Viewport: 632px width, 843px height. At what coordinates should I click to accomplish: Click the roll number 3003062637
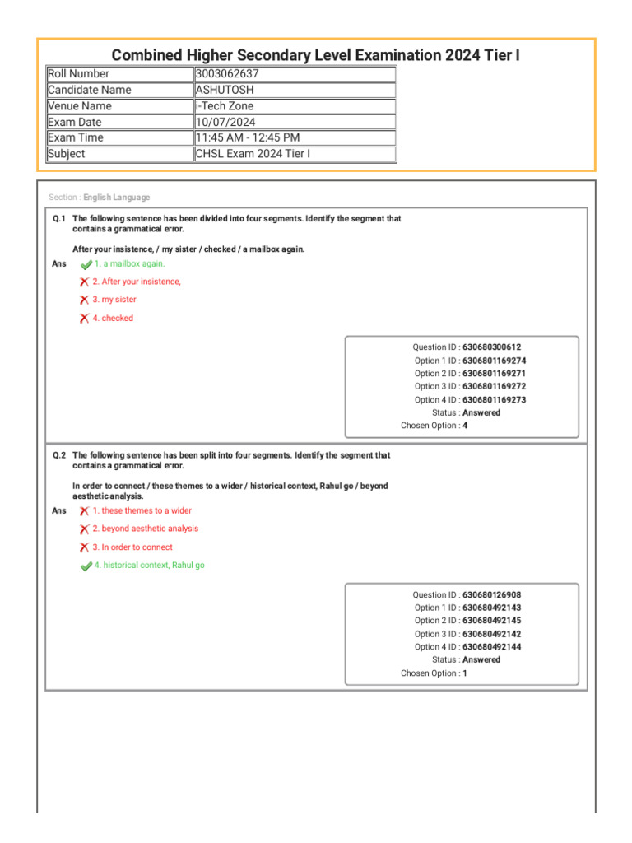tap(227, 74)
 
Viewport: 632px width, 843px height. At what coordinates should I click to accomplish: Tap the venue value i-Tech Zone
tap(224, 106)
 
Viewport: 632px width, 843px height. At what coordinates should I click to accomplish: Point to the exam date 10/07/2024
tap(225, 122)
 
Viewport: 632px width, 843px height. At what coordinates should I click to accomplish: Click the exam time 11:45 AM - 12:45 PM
tap(247, 137)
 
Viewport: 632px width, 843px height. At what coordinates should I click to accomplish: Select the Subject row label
tap(67, 154)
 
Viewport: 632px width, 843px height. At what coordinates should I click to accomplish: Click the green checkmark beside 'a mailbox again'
tap(86, 264)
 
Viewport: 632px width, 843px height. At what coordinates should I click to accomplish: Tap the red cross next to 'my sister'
tap(84, 300)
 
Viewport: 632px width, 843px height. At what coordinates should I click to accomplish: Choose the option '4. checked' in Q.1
tap(113, 319)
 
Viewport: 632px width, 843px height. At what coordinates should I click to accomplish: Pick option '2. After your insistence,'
tap(137, 282)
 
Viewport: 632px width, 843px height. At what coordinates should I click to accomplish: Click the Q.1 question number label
tap(59, 219)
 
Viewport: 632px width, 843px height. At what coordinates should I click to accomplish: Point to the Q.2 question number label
tap(59, 455)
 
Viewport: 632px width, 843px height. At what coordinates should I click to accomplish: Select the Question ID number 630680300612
tap(491, 347)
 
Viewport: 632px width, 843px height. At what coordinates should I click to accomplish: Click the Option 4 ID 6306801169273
tap(494, 400)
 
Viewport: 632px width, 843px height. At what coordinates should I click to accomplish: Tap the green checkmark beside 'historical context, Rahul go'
tap(86, 566)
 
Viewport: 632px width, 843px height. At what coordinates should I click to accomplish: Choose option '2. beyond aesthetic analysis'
tap(145, 529)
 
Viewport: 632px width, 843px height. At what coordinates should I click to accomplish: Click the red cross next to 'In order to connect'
tap(84, 547)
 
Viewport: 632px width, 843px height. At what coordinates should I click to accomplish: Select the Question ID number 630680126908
tap(491, 595)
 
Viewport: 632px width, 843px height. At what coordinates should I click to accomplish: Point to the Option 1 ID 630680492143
tap(491, 608)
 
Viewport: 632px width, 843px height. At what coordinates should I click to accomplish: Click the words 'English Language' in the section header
tap(117, 198)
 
